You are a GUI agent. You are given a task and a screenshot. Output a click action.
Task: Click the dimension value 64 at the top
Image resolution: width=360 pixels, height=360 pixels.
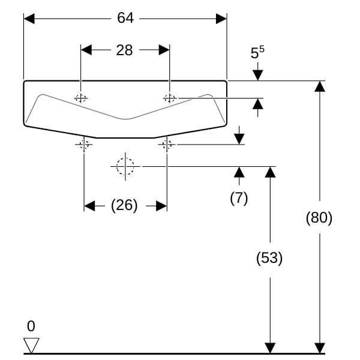click(x=125, y=19)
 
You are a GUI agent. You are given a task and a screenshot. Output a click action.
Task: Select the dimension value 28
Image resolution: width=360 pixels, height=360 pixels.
click(x=124, y=50)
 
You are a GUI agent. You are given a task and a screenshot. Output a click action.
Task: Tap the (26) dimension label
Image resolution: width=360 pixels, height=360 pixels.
click(x=124, y=206)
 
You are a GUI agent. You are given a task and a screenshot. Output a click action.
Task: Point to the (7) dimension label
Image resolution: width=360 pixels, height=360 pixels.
click(x=239, y=198)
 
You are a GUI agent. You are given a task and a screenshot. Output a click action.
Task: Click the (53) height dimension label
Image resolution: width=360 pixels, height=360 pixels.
click(x=269, y=258)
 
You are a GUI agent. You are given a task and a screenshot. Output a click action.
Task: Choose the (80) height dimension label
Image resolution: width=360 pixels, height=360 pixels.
click(x=319, y=217)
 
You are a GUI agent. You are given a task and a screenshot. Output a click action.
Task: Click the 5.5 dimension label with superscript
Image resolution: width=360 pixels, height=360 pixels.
click(x=257, y=53)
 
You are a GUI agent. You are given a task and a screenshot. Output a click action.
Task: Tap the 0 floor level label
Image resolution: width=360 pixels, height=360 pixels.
click(x=31, y=326)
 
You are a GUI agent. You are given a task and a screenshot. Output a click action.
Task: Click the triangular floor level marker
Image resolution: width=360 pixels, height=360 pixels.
click(x=31, y=346)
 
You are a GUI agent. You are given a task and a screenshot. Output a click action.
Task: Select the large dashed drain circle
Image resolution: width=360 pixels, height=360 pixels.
click(x=126, y=166)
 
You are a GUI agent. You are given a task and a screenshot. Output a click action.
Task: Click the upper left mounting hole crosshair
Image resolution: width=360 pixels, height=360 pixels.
click(x=80, y=98)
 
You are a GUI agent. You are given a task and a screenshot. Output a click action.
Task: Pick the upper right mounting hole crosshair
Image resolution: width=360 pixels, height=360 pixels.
click(x=170, y=98)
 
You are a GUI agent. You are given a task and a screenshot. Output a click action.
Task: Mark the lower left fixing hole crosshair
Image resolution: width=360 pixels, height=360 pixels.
click(x=83, y=144)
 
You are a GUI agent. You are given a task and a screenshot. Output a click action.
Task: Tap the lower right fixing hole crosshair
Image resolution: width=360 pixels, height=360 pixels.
click(x=167, y=144)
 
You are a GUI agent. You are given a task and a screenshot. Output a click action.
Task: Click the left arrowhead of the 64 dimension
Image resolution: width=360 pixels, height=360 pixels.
click(x=29, y=19)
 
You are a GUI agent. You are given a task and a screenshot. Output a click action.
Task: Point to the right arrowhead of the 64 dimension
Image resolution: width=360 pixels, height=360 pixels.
click(x=221, y=19)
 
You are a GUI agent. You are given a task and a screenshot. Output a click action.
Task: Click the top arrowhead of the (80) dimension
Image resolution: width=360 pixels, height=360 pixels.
click(x=320, y=86)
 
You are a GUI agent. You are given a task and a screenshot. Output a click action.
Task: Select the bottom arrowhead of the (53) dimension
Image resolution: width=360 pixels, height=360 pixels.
click(x=270, y=347)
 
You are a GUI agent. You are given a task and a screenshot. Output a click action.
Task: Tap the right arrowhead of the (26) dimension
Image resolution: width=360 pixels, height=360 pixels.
click(x=161, y=206)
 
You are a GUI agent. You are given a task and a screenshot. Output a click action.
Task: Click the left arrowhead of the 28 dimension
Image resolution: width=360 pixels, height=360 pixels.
click(x=86, y=50)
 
